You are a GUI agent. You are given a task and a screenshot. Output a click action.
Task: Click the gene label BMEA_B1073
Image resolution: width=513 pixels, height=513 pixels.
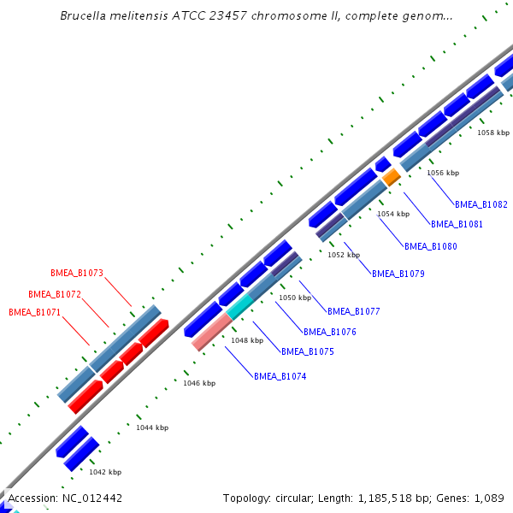tap(77, 274)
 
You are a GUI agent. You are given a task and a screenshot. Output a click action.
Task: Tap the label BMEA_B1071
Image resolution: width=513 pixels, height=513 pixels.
tap(35, 312)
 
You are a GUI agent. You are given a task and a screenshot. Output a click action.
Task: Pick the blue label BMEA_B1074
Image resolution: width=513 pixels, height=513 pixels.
tap(280, 376)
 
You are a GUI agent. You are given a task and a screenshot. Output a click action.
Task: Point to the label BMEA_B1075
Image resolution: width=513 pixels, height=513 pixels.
tap(308, 351)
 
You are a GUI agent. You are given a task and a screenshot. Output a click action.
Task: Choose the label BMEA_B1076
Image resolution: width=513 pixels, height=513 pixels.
tap(330, 332)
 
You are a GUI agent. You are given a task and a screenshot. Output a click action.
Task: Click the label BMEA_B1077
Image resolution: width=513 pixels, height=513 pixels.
tap(354, 311)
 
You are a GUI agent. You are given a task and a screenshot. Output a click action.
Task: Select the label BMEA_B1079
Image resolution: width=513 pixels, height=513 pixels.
tap(398, 274)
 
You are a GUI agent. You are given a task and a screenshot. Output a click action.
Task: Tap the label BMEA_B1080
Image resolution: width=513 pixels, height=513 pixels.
tap(429, 246)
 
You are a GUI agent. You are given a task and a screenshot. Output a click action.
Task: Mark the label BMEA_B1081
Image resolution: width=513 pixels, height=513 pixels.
tap(457, 224)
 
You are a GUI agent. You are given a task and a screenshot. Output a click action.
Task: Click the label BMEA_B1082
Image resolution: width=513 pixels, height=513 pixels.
tap(481, 205)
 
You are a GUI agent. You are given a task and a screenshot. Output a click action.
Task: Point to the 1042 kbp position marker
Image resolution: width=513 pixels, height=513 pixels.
tap(105, 472)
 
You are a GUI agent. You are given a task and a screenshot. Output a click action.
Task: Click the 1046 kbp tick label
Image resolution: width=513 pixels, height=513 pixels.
tap(199, 383)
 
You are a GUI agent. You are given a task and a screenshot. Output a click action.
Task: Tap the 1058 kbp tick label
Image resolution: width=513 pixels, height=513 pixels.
tap(492, 133)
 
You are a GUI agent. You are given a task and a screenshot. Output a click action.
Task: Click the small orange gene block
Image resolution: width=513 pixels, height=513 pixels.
tap(392, 177)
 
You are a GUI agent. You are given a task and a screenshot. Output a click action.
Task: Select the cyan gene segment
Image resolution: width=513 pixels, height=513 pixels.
tap(240, 305)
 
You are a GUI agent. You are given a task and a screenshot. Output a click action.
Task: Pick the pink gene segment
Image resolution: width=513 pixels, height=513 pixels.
tap(211, 333)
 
